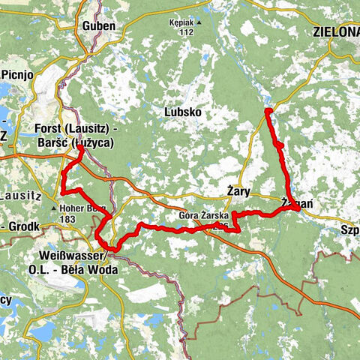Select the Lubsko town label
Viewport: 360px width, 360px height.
[x=184, y=112]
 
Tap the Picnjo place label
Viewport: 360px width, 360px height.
[x=17, y=75]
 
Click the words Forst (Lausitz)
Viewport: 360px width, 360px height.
[x=72, y=127]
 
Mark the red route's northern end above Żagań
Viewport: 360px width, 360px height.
[x=268, y=111]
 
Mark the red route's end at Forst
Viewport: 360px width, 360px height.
[x=80, y=148]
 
